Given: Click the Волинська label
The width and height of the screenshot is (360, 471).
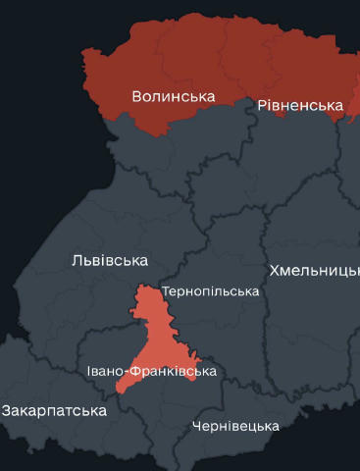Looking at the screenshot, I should pyautogui.click(x=174, y=96).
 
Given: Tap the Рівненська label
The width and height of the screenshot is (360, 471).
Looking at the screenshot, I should pyautogui.click(x=300, y=105).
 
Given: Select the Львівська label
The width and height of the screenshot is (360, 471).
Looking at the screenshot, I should pyautogui.click(x=110, y=260).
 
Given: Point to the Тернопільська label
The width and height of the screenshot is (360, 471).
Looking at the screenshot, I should pyautogui.click(x=210, y=291).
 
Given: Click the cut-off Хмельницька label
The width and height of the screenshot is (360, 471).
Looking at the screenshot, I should pyautogui.click(x=314, y=270).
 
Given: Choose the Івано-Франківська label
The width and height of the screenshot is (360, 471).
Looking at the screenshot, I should pyautogui.click(x=151, y=371).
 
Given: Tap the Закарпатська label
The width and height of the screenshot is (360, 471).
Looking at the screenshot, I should pyautogui.click(x=53, y=410).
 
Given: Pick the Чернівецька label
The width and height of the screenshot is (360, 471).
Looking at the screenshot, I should pyautogui.click(x=235, y=426).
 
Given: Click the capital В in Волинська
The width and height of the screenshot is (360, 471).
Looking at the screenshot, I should pyautogui.click(x=137, y=96).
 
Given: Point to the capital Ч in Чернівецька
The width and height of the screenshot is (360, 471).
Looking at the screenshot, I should pyautogui.click(x=197, y=426).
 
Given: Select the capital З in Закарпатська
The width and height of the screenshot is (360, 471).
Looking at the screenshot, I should pyautogui.click(x=6, y=410).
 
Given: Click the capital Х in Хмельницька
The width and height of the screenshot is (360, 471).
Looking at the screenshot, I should pyautogui.click(x=275, y=270).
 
